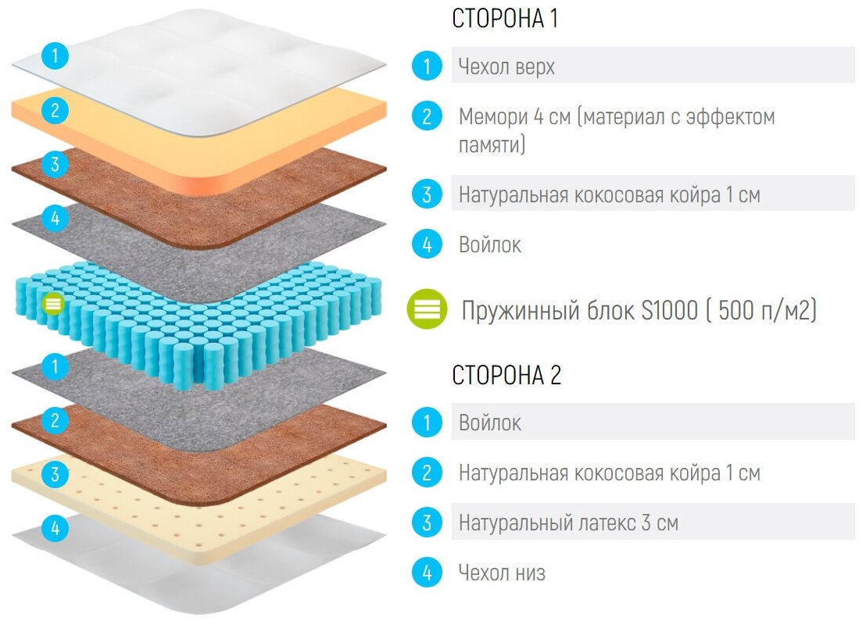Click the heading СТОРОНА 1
click(505, 19)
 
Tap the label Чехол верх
click(506, 66)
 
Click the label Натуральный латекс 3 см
click(568, 523)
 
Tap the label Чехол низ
click(502, 573)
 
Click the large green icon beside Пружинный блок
click(427, 310)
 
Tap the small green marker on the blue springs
click(52, 303)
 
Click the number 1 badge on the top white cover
click(55, 56)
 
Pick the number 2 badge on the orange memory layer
click(55, 110)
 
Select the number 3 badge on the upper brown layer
click(55, 165)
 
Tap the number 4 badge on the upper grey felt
click(55, 218)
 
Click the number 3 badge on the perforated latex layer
click(55, 474)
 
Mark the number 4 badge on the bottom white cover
click(55, 528)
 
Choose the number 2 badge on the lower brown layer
click(55, 421)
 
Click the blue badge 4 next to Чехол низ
click(427, 573)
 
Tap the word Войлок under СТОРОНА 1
click(490, 244)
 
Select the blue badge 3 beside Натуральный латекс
click(427, 523)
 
